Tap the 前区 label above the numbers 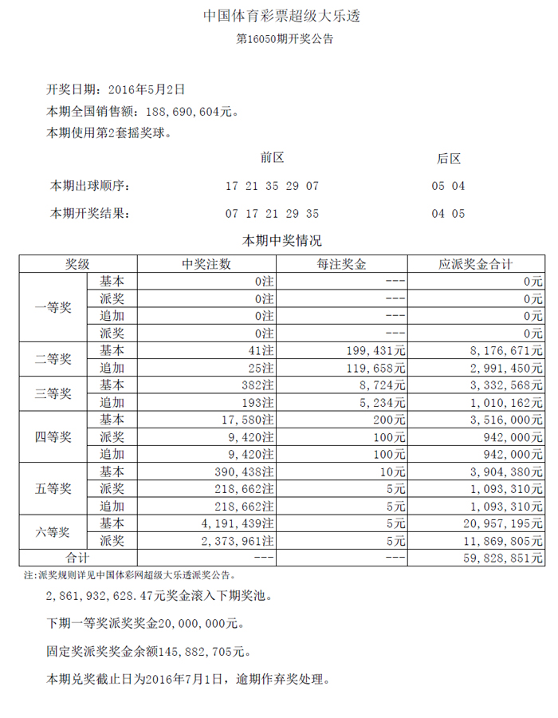(x=273, y=159)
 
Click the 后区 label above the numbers (x=448, y=159)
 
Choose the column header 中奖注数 (x=206, y=264)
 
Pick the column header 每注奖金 (x=341, y=264)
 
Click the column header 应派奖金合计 (x=475, y=264)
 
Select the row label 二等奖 (x=53, y=359)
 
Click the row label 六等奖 (x=53, y=531)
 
